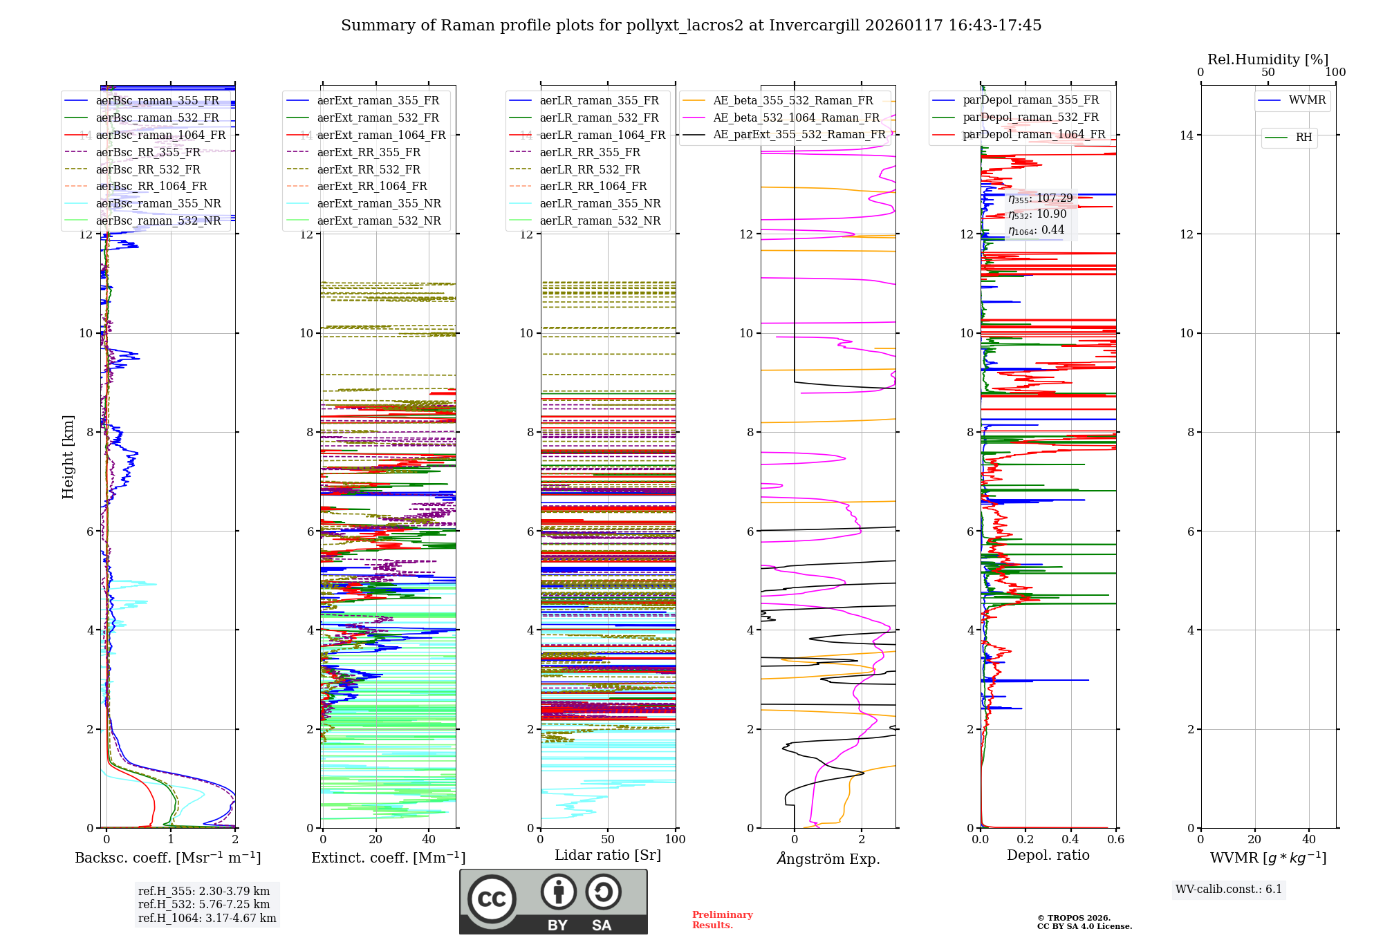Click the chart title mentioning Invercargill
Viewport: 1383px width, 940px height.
coord(691,26)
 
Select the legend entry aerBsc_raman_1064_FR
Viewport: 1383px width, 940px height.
coord(160,135)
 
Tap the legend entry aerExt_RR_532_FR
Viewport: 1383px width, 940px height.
coord(369,170)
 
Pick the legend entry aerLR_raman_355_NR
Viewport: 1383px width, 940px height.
coord(600,204)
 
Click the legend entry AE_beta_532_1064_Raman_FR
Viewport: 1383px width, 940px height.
coord(796,118)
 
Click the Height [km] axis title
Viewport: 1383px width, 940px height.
coord(68,457)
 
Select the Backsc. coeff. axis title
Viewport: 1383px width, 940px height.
coord(167,858)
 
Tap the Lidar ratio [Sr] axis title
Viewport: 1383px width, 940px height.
coord(607,856)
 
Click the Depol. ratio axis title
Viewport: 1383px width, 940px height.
coord(1048,856)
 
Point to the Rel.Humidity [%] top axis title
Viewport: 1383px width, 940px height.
coord(1268,59)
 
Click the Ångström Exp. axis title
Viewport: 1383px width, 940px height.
coord(828,859)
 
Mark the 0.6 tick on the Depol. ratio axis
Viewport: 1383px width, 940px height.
coord(1115,840)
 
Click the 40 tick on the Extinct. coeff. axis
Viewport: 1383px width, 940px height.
coord(429,840)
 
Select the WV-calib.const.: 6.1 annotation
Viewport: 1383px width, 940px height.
coord(1228,890)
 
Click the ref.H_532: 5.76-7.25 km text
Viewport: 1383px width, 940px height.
coord(203,905)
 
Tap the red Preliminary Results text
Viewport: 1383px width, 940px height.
coord(722,920)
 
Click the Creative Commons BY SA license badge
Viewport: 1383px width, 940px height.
coord(553,901)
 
